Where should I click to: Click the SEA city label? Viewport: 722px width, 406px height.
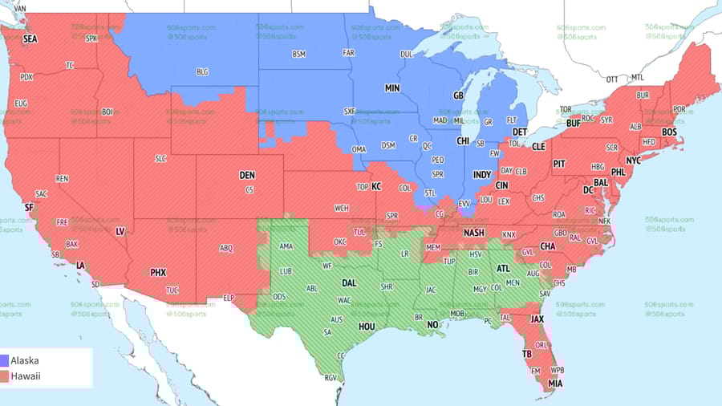(30, 39)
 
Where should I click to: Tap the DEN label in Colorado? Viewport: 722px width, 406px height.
(247, 175)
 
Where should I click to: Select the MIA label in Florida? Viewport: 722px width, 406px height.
(555, 384)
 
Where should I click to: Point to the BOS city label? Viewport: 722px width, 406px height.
(669, 132)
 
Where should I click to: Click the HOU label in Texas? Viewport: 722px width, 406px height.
(367, 327)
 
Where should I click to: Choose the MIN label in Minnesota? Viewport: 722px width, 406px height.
(392, 88)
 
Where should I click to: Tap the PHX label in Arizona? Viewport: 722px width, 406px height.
(158, 273)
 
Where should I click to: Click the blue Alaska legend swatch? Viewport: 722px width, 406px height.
(5, 361)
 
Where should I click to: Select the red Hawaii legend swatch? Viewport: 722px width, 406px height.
(5, 376)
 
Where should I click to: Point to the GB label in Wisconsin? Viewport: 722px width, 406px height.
(458, 95)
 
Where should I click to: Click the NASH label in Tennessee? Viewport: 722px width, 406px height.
(473, 233)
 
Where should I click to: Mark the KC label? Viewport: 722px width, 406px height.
(375, 186)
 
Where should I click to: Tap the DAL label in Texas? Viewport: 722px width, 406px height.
(349, 283)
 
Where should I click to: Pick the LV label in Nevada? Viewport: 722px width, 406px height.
(120, 231)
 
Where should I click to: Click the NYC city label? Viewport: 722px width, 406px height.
(633, 160)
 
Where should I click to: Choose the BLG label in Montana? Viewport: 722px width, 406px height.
(202, 71)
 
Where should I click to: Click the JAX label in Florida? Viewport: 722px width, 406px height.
(537, 319)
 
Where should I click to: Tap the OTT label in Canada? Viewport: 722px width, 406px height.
(612, 79)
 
